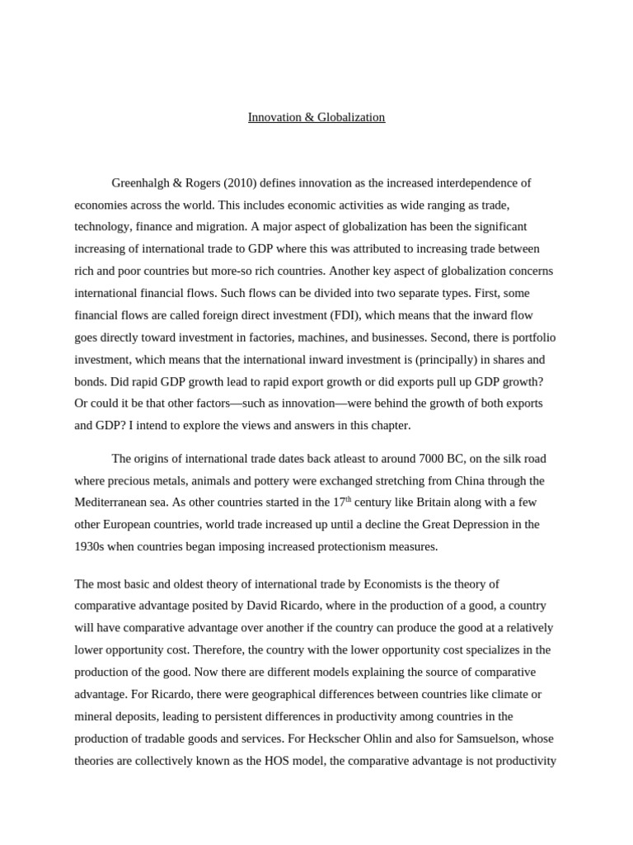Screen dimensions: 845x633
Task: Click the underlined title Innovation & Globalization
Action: [316, 117]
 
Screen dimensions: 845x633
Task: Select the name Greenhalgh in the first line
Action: [140, 182]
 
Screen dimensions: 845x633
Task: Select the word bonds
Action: [89, 382]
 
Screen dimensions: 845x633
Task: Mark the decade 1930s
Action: [90, 546]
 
